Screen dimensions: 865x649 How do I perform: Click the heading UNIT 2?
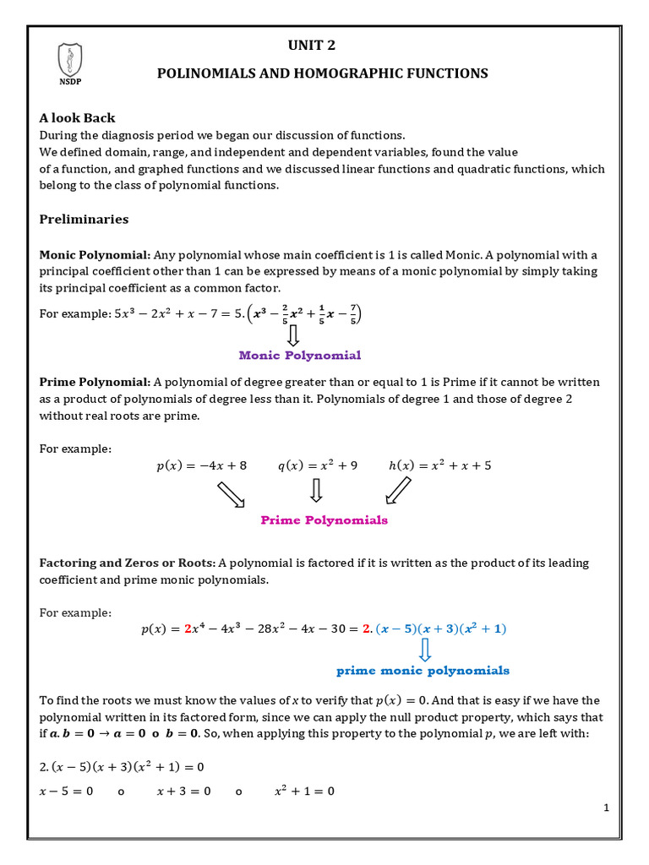[323, 45]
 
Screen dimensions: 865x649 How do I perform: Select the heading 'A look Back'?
[78, 118]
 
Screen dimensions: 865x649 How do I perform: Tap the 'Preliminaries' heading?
[85, 220]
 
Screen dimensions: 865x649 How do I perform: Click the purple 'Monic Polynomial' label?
[300, 356]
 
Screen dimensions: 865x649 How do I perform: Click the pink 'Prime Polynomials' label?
[324, 520]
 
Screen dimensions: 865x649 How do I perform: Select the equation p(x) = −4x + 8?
[202, 465]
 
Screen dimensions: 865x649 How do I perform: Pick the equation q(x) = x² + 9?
[318, 465]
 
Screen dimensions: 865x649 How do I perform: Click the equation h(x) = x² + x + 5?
[439, 465]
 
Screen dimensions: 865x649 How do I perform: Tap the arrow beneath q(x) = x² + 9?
[317, 491]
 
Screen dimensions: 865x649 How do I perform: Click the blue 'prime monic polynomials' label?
[423, 671]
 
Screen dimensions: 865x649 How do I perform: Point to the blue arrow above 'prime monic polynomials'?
[425, 650]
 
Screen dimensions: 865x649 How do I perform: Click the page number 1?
[606, 808]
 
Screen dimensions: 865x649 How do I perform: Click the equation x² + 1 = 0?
[304, 792]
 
